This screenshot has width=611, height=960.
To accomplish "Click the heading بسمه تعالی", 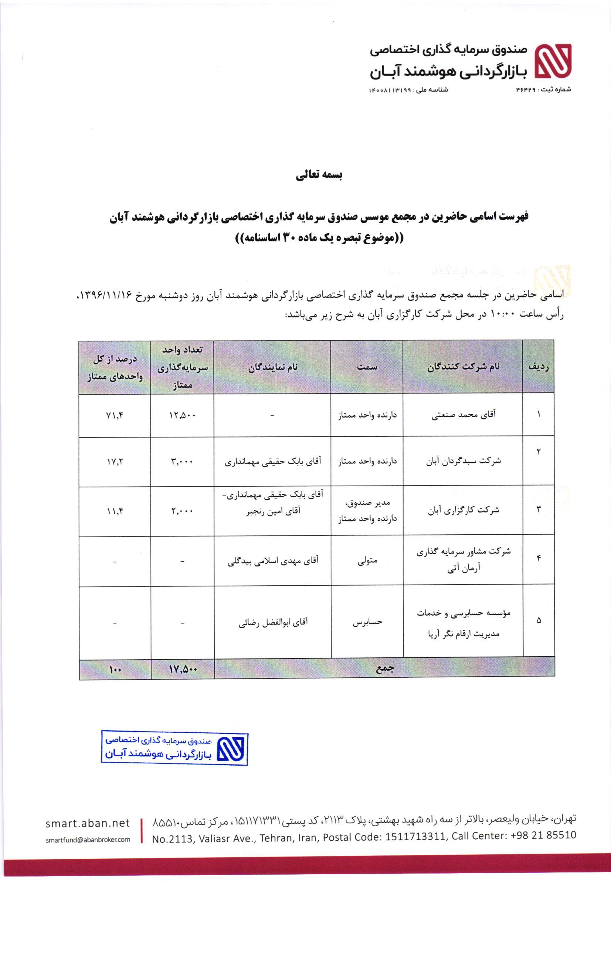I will (319, 176).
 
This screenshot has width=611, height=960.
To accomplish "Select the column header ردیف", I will (538, 367).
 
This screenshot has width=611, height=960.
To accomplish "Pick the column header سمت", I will (367, 367).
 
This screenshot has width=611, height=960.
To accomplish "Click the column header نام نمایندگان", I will (273, 367).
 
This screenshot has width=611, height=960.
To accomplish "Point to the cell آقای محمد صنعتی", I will (464, 415).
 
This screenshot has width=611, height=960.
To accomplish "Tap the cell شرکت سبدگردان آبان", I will (464, 461).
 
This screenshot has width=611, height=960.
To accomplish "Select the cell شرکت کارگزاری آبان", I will (464, 510).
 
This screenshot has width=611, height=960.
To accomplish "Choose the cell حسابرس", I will (367, 622).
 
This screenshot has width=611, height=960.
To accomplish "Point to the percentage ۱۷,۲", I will (115, 461).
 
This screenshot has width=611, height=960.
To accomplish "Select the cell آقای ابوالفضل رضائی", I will (273, 622).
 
